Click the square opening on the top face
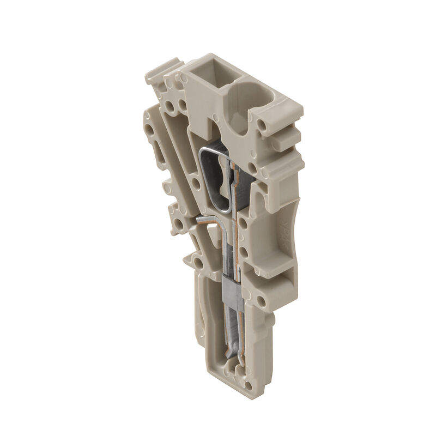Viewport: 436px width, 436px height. click(207, 76)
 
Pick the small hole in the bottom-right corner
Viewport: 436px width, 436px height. click(249, 385)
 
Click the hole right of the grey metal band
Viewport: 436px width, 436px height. click(262, 300)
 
